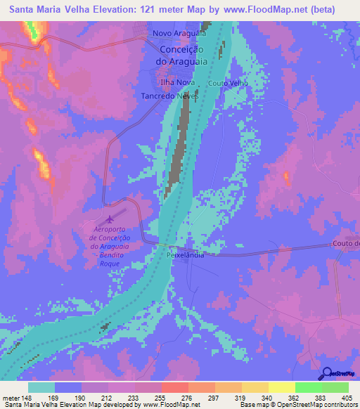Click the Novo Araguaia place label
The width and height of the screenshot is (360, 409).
(x=179, y=32)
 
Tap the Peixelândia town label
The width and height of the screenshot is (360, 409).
(x=185, y=255)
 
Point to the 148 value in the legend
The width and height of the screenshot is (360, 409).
(x=27, y=380)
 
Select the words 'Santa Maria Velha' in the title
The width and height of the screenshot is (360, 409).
(x=50, y=9)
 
